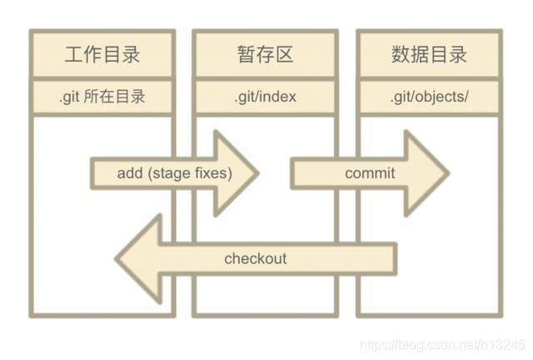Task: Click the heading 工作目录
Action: [102, 56]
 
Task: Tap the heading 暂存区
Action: [265, 56]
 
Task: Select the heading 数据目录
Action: [429, 56]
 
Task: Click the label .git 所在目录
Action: [102, 97]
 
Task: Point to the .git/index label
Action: [265, 97]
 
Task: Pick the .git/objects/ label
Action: [429, 97]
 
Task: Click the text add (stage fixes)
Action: [174, 173]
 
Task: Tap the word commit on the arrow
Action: [370, 173]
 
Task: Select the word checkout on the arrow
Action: [255, 258]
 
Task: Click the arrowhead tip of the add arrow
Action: [257, 173]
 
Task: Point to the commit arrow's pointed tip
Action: [447, 173]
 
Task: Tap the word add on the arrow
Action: [131, 173]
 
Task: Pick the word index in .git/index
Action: [279, 97]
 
